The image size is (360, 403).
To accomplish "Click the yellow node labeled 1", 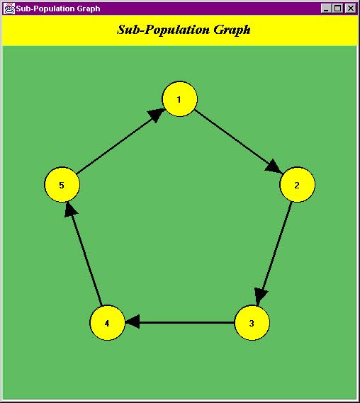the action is click(180, 99).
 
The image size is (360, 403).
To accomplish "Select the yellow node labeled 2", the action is click(297, 185).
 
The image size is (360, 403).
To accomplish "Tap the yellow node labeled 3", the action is click(252, 322).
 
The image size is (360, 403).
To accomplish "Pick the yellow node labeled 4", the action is click(107, 322).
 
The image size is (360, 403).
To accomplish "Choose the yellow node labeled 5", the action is click(62, 185).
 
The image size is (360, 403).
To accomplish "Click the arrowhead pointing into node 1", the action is click(157, 115).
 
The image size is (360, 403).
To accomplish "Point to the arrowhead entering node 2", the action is click(274, 167).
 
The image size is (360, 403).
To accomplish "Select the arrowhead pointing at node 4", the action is click(133, 322).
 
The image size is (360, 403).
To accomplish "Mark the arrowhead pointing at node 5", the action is click(70, 210).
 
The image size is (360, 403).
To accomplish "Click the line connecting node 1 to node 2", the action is click(238, 142).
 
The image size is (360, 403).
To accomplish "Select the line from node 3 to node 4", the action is click(180, 322).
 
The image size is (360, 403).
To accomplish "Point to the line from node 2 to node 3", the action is click(275, 254).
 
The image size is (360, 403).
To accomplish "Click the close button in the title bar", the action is click(351, 8).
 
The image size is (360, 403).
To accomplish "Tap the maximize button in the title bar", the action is click(337, 8).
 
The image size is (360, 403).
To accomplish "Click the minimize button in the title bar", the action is click(326, 8).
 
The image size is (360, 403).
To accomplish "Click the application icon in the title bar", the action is click(9, 8).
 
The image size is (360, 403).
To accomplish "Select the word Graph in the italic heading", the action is click(232, 30).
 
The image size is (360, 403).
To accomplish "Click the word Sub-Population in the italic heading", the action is click(163, 30).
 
